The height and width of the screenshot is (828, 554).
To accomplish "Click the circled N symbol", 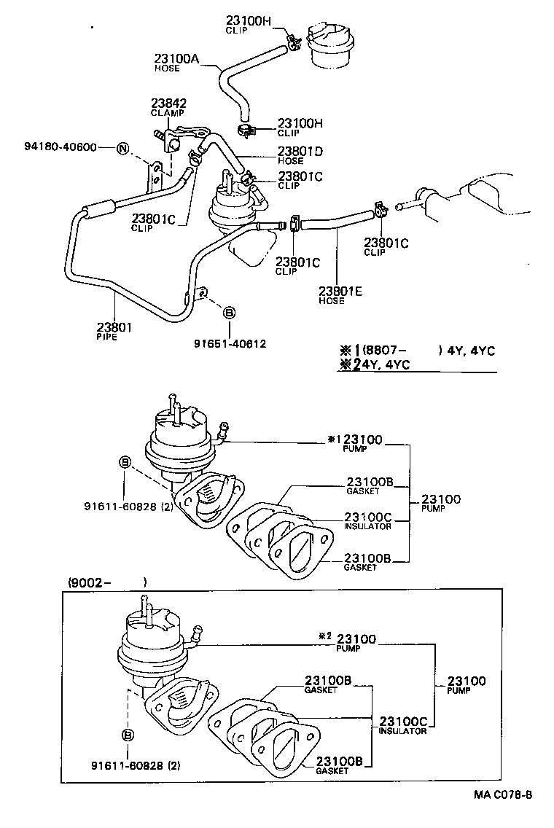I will click(122, 149).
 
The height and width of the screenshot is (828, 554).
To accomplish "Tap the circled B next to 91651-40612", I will click(227, 313).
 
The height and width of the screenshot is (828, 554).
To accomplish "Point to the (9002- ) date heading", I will click(107, 582).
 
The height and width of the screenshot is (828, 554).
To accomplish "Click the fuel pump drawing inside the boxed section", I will click(149, 641).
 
